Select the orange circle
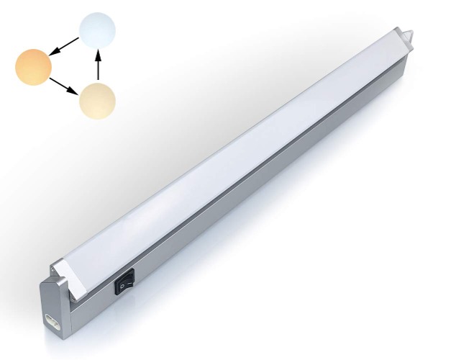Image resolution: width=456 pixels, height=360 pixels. point(34,66)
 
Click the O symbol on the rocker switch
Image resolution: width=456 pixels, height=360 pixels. point(122,287)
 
